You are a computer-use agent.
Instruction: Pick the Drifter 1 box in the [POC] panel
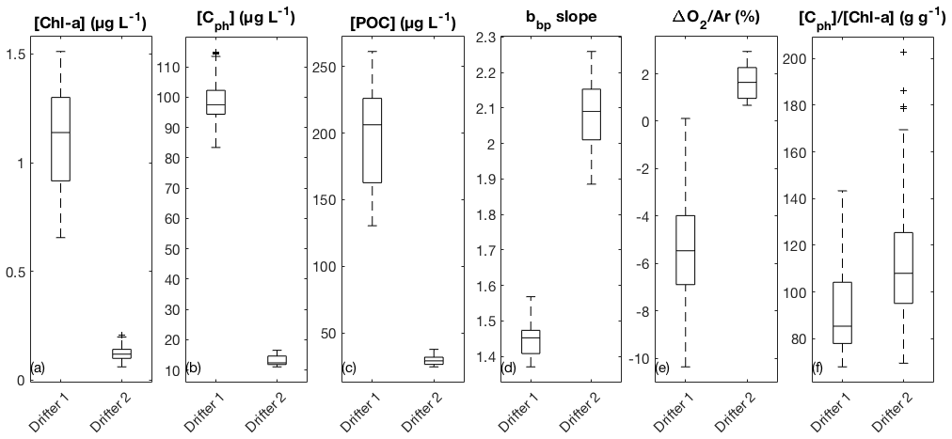[x=373, y=153]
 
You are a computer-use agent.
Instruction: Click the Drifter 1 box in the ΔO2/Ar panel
[x=686, y=250]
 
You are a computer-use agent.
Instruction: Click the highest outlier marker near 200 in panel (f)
[x=903, y=52]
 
